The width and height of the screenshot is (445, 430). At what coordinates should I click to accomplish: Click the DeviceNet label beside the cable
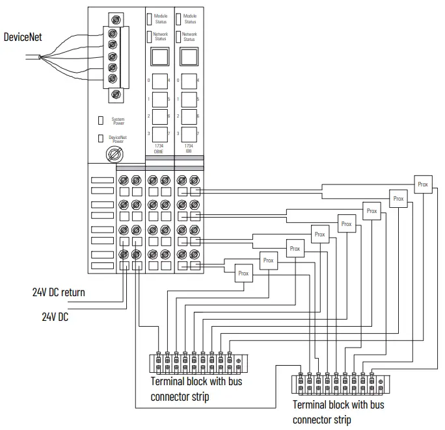23,36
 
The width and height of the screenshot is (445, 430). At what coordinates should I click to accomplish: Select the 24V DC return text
59,292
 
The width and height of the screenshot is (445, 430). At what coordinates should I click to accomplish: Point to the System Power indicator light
100,120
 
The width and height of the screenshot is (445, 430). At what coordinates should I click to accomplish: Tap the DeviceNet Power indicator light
100,138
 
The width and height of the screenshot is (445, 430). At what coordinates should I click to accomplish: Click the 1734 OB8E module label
157,149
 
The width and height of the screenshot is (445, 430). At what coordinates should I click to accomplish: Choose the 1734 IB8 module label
189,149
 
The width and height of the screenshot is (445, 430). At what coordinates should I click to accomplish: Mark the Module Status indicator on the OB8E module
149,18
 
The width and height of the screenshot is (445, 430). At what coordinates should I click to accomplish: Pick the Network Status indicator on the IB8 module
181,36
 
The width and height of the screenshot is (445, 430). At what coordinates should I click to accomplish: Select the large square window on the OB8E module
157,58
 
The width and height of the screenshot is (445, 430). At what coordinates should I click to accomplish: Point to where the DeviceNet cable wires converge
41,58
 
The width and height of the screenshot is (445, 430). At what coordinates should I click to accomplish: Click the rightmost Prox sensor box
423,184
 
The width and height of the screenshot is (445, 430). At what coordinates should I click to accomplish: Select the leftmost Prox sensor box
243,273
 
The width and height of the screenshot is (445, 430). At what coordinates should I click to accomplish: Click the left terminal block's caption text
193,388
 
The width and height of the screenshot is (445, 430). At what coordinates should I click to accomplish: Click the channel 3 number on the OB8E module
149,133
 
